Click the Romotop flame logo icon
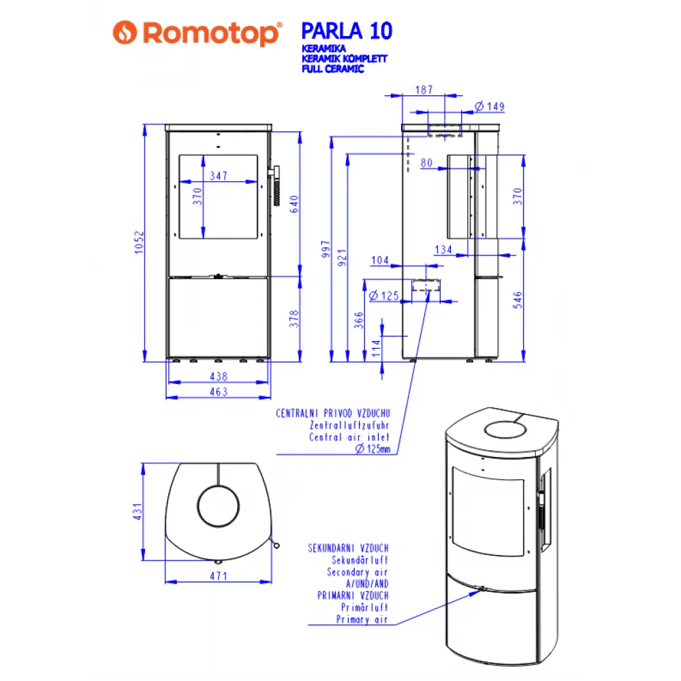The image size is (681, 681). tap(125, 33)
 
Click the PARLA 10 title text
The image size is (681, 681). tap(346, 31)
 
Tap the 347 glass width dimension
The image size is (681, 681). tap(218, 176)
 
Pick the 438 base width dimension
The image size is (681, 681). tap(218, 376)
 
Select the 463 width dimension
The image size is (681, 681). tap(218, 392)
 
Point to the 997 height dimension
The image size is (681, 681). tap(326, 251)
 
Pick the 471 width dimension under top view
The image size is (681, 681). tap(218, 576)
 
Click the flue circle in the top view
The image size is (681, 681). tap(219, 506)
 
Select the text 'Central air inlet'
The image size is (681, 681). tap(349, 437)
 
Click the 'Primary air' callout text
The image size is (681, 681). tap(362, 620)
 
